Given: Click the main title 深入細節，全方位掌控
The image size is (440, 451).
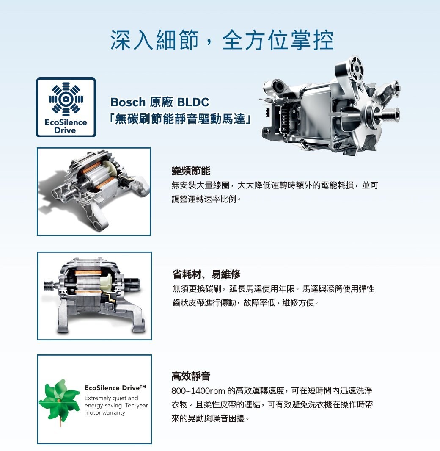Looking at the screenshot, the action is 222,40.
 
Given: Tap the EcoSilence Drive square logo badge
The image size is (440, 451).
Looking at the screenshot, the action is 66,107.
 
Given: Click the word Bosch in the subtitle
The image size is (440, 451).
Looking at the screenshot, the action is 128,102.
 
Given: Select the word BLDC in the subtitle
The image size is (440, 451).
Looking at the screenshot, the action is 193,102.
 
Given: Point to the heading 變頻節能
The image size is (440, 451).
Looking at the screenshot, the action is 191,171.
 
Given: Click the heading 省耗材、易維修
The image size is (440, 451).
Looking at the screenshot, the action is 206,274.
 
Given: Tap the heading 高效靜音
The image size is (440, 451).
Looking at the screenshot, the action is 191,376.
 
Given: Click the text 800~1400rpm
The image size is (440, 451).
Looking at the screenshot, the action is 198,391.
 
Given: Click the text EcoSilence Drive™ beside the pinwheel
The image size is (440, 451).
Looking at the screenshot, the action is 115,388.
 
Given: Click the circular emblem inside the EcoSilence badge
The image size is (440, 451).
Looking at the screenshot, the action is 66,99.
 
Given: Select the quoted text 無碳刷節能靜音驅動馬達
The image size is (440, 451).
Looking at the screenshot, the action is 181,119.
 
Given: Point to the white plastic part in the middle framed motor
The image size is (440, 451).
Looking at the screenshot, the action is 105,281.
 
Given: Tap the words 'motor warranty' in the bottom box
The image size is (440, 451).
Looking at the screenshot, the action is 104,413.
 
